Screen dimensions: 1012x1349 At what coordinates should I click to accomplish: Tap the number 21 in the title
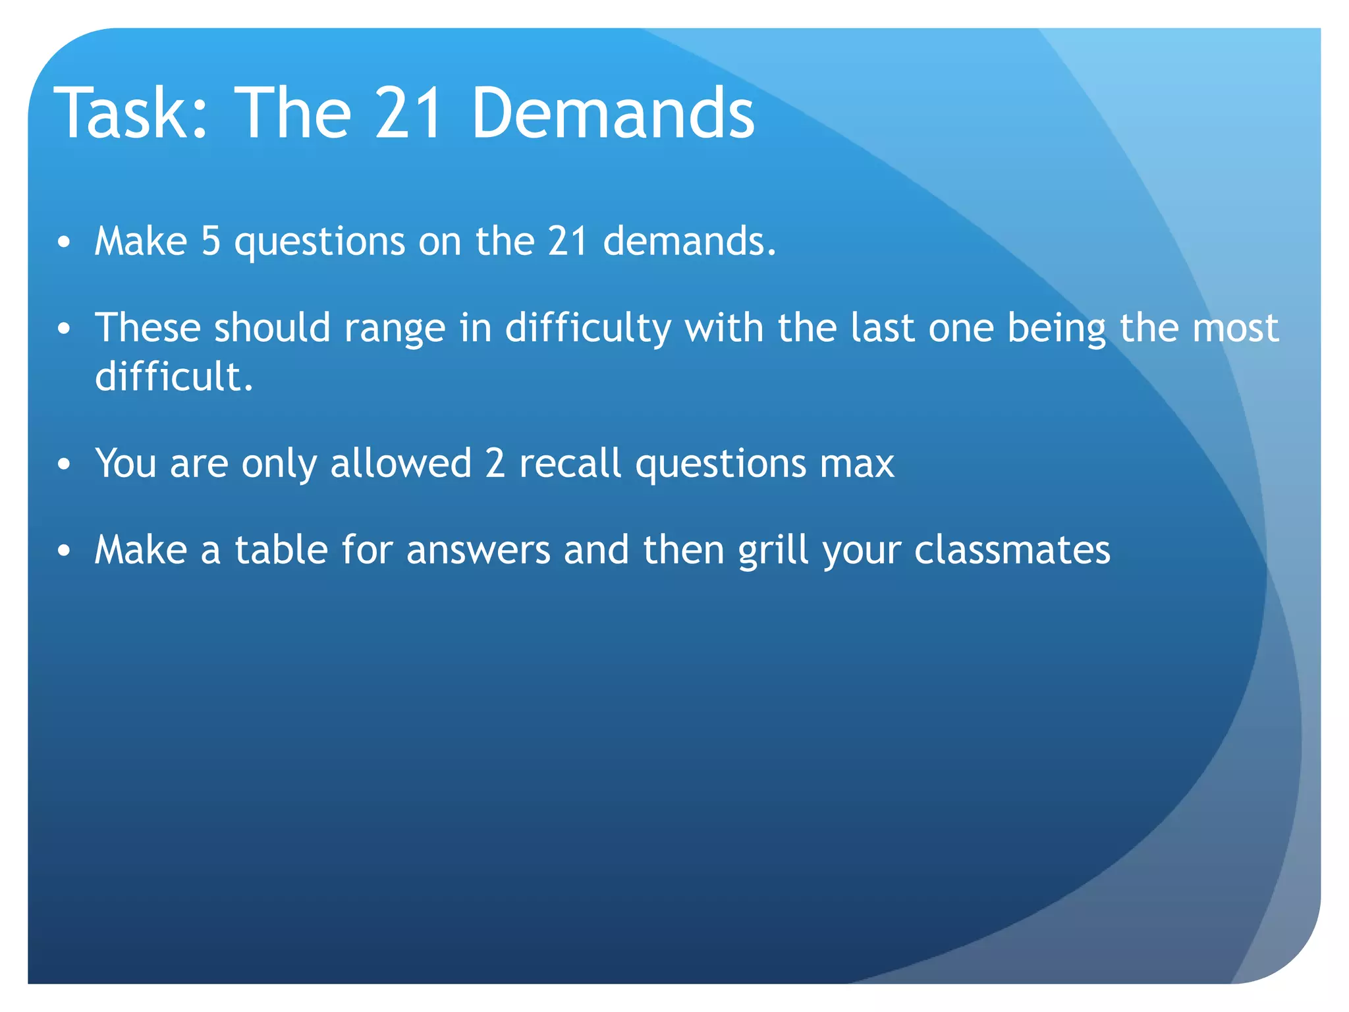408,113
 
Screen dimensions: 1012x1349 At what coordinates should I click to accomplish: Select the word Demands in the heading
613,113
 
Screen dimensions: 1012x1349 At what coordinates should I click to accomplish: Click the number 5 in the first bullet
211,241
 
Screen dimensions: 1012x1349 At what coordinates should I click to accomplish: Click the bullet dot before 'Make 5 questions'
64,242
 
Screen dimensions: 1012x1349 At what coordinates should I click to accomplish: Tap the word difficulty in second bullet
588,328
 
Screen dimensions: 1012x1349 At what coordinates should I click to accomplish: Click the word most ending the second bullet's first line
1236,328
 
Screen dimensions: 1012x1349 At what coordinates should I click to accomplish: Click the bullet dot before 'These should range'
64,329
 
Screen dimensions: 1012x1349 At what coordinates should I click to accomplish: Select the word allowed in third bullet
400,463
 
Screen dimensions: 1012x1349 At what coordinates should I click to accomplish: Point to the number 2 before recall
495,463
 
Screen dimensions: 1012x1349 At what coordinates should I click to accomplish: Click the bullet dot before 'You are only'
64,464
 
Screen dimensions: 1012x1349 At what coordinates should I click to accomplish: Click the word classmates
1012,549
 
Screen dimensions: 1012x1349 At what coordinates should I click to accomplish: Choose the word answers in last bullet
478,551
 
